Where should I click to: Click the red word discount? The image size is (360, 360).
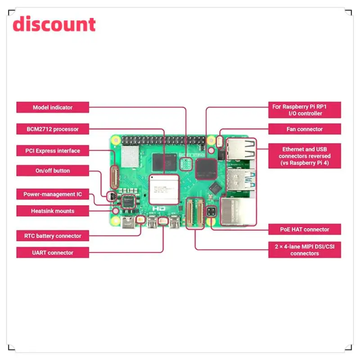pyautogui.click(x=54, y=24)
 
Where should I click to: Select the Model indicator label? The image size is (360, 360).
pyautogui.click(x=53, y=108)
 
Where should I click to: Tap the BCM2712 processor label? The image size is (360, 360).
pyautogui.click(x=53, y=129)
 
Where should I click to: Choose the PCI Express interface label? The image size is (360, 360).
pyautogui.click(x=53, y=151)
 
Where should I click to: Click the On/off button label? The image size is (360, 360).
pyautogui.click(x=53, y=171)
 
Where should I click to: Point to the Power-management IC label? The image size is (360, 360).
pyautogui.click(x=53, y=194)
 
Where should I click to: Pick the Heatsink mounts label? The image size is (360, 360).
pyautogui.click(x=53, y=211)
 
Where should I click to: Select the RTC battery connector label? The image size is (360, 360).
pyautogui.click(x=53, y=236)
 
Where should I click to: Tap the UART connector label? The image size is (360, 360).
pyautogui.click(x=53, y=253)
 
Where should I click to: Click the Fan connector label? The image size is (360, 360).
pyautogui.click(x=305, y=129)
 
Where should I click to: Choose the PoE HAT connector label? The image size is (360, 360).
pyautogui.click(x=305, y=229)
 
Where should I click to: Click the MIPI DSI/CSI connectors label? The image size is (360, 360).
pyautogui.click(x=305, y=250)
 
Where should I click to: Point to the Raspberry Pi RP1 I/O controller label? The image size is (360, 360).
pyautogui.click(x=305, y=110)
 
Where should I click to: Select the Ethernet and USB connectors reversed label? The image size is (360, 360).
pyautogui.click(x=305, y=156)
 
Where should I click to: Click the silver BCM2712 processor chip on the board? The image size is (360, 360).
pyautogui.click(x=164, y=189)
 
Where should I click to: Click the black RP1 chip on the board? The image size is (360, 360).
pyautogui.click(x=206, y=167)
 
